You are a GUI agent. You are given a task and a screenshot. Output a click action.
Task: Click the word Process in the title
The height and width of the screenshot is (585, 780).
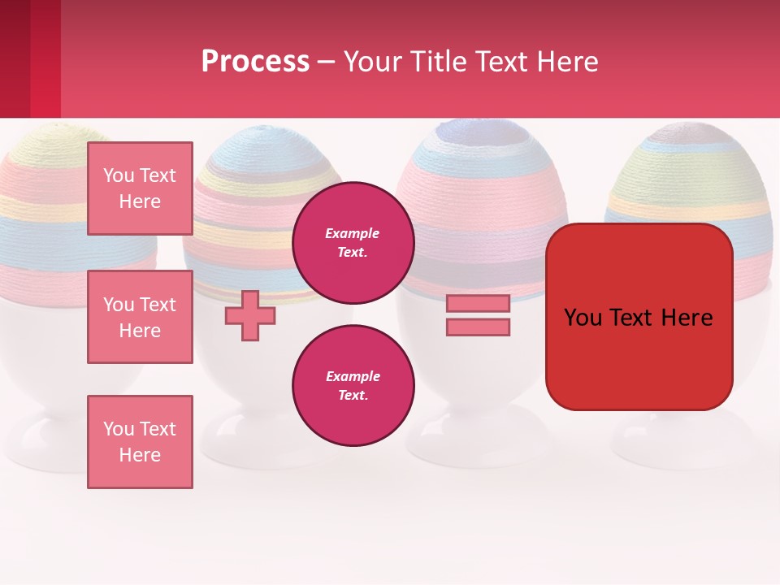255,61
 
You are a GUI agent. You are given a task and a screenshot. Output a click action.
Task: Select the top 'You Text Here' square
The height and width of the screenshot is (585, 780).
140,188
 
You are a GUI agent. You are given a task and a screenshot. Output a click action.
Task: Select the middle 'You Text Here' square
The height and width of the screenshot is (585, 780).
140,317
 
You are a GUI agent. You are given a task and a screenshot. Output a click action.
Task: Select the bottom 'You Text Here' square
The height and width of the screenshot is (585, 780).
140,442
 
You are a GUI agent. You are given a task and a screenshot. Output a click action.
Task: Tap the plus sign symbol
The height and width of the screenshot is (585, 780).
250,315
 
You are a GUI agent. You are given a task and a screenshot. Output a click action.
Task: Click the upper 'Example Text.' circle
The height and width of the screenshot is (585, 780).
353,242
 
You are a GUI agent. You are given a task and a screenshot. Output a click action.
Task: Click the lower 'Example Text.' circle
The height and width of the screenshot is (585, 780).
353,385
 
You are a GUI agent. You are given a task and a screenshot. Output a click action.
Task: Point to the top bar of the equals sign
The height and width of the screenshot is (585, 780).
478,303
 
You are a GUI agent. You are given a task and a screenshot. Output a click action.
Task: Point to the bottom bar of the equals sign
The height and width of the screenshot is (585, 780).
478,327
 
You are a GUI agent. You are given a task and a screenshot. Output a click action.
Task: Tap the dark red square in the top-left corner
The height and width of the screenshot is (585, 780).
15,57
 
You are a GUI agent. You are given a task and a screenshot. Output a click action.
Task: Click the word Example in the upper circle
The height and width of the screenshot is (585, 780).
352,233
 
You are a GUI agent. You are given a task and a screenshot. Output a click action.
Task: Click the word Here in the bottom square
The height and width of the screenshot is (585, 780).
140,455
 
